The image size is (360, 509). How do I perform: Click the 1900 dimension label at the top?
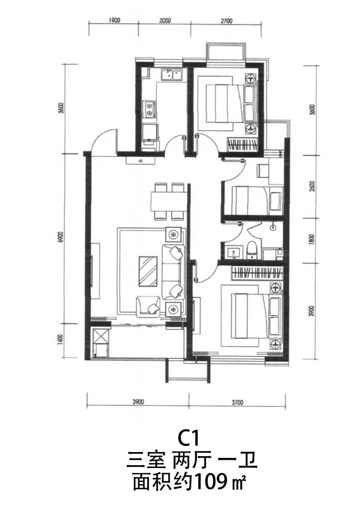coord(114,20)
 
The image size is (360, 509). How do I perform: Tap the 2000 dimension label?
coord(165,21)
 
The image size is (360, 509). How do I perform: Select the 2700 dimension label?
coord(227,21)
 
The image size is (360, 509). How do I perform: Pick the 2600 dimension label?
coord(312,187)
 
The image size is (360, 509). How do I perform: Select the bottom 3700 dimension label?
coord(237,403)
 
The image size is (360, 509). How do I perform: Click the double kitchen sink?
coord(172,75)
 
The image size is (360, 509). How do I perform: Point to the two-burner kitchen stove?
coord(150,109)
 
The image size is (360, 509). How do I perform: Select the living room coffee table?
coord(148,272)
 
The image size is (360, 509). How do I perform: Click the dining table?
coord(169,201)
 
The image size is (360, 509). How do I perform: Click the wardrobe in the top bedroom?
coord(243,144)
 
